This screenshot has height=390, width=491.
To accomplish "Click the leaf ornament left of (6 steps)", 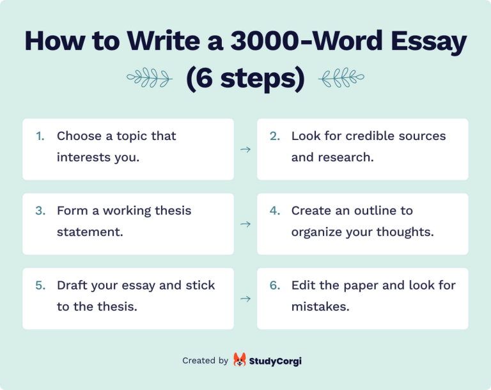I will pyautogui.click(x=149, y=79).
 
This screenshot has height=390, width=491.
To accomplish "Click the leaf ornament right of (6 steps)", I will pyautogui.click(x=341, y=79).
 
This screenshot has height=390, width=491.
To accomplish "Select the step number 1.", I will pyautogui.click(x=40, y=136).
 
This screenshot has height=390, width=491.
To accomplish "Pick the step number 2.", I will pyautogui.click(x=275, y=136).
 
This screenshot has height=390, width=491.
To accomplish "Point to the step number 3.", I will pyautogui.click(x=40, y=211).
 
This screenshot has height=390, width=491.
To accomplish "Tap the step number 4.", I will pyautogui.click(x=275, y=211).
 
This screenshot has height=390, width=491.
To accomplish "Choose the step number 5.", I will pyautogui.click(x=40, y=286).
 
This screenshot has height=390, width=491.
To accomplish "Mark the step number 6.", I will pyautogui.click(x=275, y=286).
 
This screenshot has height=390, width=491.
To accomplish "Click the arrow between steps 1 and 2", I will pyautogui.click(x=245, y=150).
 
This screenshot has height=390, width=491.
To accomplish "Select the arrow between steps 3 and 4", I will pyautogui.click(x=245, y=224).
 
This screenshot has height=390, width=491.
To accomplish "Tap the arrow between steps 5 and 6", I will pyautogui.click(x=245, y=299).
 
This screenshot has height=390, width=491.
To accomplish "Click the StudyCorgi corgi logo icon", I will pyautogui.click(x=240, y=360).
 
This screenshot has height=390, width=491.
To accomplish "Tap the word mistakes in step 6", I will pyautogui.click(x=320, y=306).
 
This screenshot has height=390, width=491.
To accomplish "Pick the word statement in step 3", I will pyautogui.click(x=90, y=231).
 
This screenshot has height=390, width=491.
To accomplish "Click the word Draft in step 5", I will pyautogui.click(x=72, y=286).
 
